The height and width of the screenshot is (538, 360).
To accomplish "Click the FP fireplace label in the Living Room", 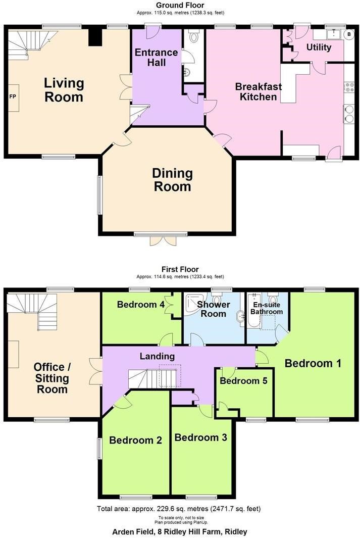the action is tap(12, 97).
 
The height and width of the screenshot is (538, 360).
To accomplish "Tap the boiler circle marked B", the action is tap(349, 34).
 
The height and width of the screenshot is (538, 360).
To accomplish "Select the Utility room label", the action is tap(319, 47).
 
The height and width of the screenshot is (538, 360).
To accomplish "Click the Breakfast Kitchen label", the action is tap(258, 91).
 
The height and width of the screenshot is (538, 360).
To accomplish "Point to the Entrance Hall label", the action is tap(157, 57).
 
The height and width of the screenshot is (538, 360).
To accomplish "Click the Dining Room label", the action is tap(173, 180).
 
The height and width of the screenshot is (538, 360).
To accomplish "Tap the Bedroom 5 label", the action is tap(243, 381).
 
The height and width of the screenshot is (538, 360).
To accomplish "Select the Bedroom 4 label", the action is tap(140, 304).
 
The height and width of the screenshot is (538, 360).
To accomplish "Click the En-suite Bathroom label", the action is tap(267, 308).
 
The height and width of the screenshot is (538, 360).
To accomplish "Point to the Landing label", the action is tap(157, 357).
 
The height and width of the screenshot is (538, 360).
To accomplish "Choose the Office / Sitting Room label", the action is tap(52, 378).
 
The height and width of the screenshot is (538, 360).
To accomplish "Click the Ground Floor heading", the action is tap(180, 5).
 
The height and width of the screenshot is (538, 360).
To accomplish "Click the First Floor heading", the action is tap(180, 269).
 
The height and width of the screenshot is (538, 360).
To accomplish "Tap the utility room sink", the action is tap(333, 34).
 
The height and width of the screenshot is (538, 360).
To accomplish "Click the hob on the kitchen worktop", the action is tap(349, 87).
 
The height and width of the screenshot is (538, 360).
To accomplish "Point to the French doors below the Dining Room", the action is tap(164, 241).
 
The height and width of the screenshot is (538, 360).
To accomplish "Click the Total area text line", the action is tap(179, 509).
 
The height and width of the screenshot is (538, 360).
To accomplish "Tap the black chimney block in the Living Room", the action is tap(95, 37).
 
